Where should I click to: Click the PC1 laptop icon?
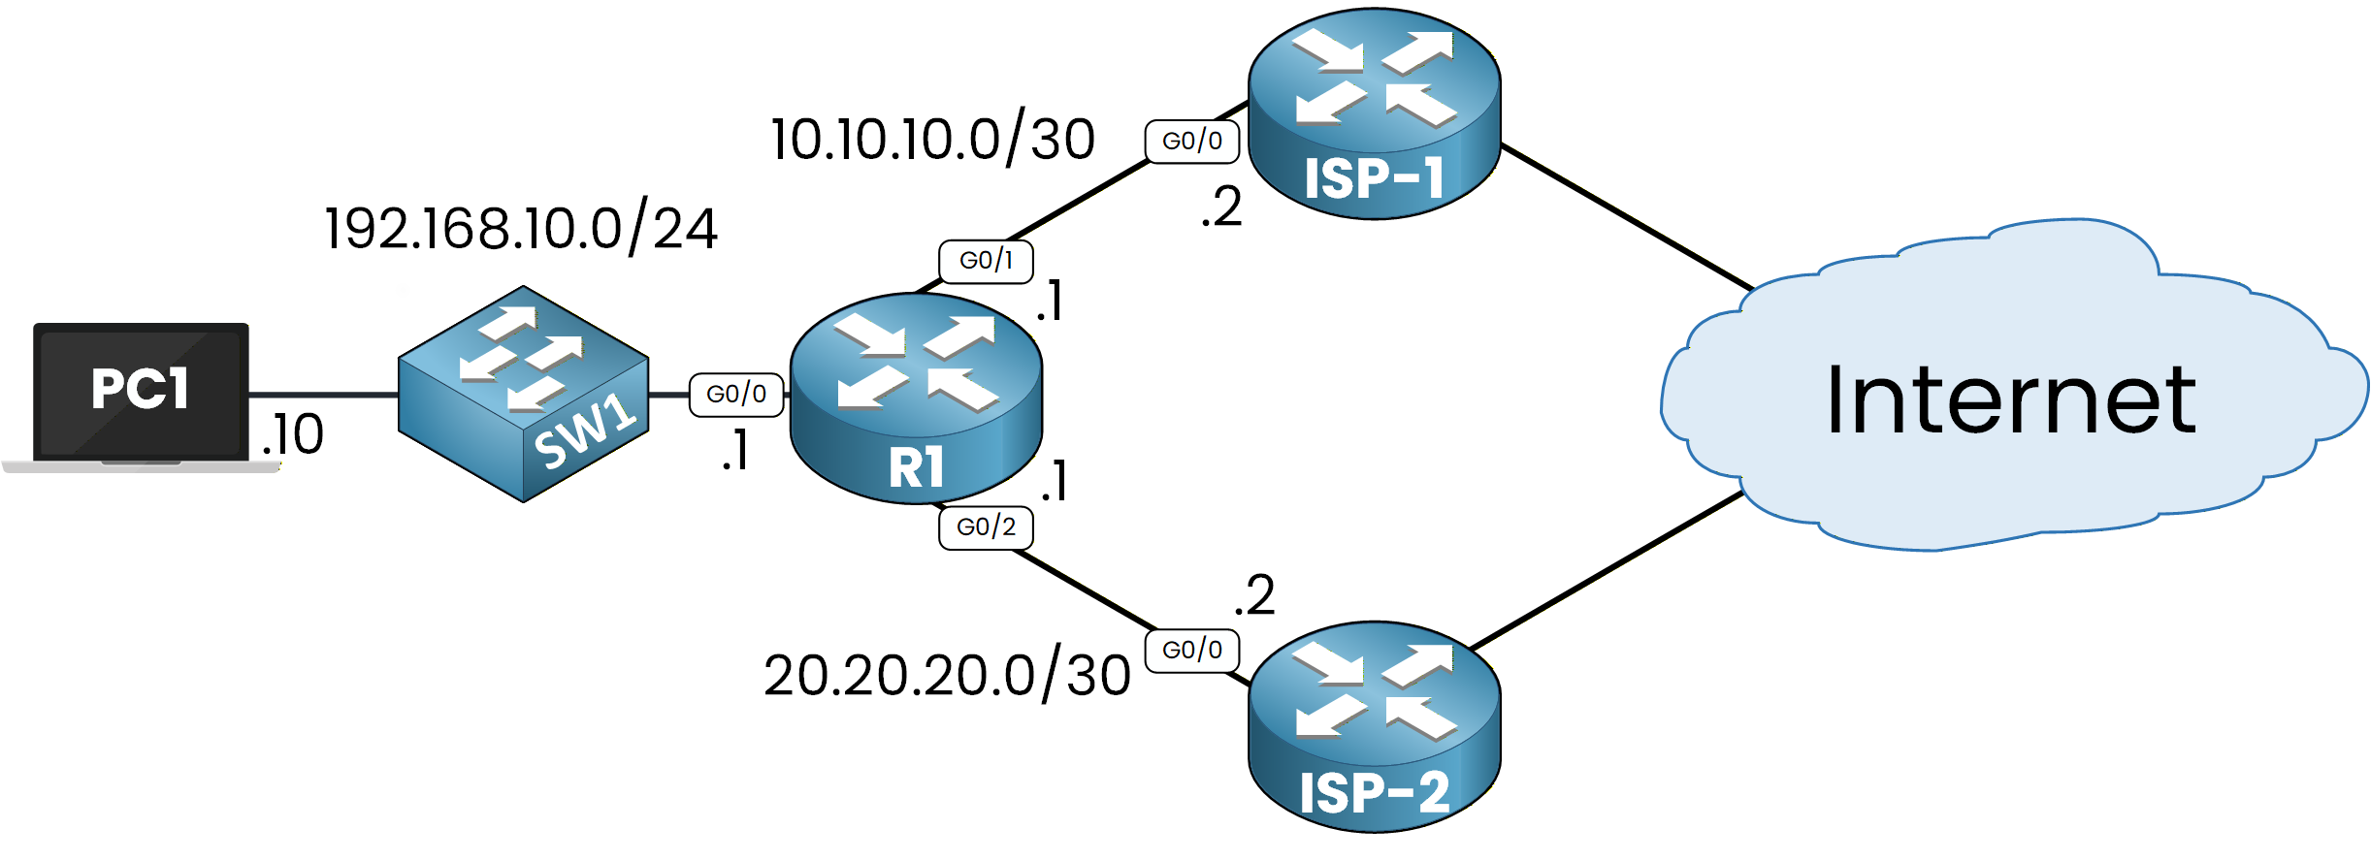tap(141, 393)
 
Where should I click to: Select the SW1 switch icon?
tap(523, 394)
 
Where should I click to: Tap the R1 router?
tap(916, 399)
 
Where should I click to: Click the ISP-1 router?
tap(1374, 114)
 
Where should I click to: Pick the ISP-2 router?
tap(1374, 727)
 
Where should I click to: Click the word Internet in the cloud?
tap(2010, 399)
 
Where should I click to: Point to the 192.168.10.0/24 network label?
tap(521, 230)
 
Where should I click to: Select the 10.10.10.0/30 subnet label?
tap(932, 140)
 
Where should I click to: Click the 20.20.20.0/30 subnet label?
tap(947, 676)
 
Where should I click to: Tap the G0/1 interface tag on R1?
tap(986, 261)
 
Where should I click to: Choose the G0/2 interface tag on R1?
tap(986, 527)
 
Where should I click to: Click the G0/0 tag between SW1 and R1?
tap(736, 395)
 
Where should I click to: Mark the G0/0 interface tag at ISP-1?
tap(1191, 142)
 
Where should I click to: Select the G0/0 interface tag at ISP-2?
tap(1191, 650)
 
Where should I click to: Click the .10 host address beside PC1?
tap(293, 434)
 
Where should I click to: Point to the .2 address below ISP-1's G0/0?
tap(1221, 207)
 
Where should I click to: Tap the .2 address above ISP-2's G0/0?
tap(1254, 595)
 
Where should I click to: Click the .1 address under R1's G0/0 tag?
tap(736, 451)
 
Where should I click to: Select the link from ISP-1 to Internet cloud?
tap(1628, 217)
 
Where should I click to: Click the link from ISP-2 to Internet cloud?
tap(1608, 570)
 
